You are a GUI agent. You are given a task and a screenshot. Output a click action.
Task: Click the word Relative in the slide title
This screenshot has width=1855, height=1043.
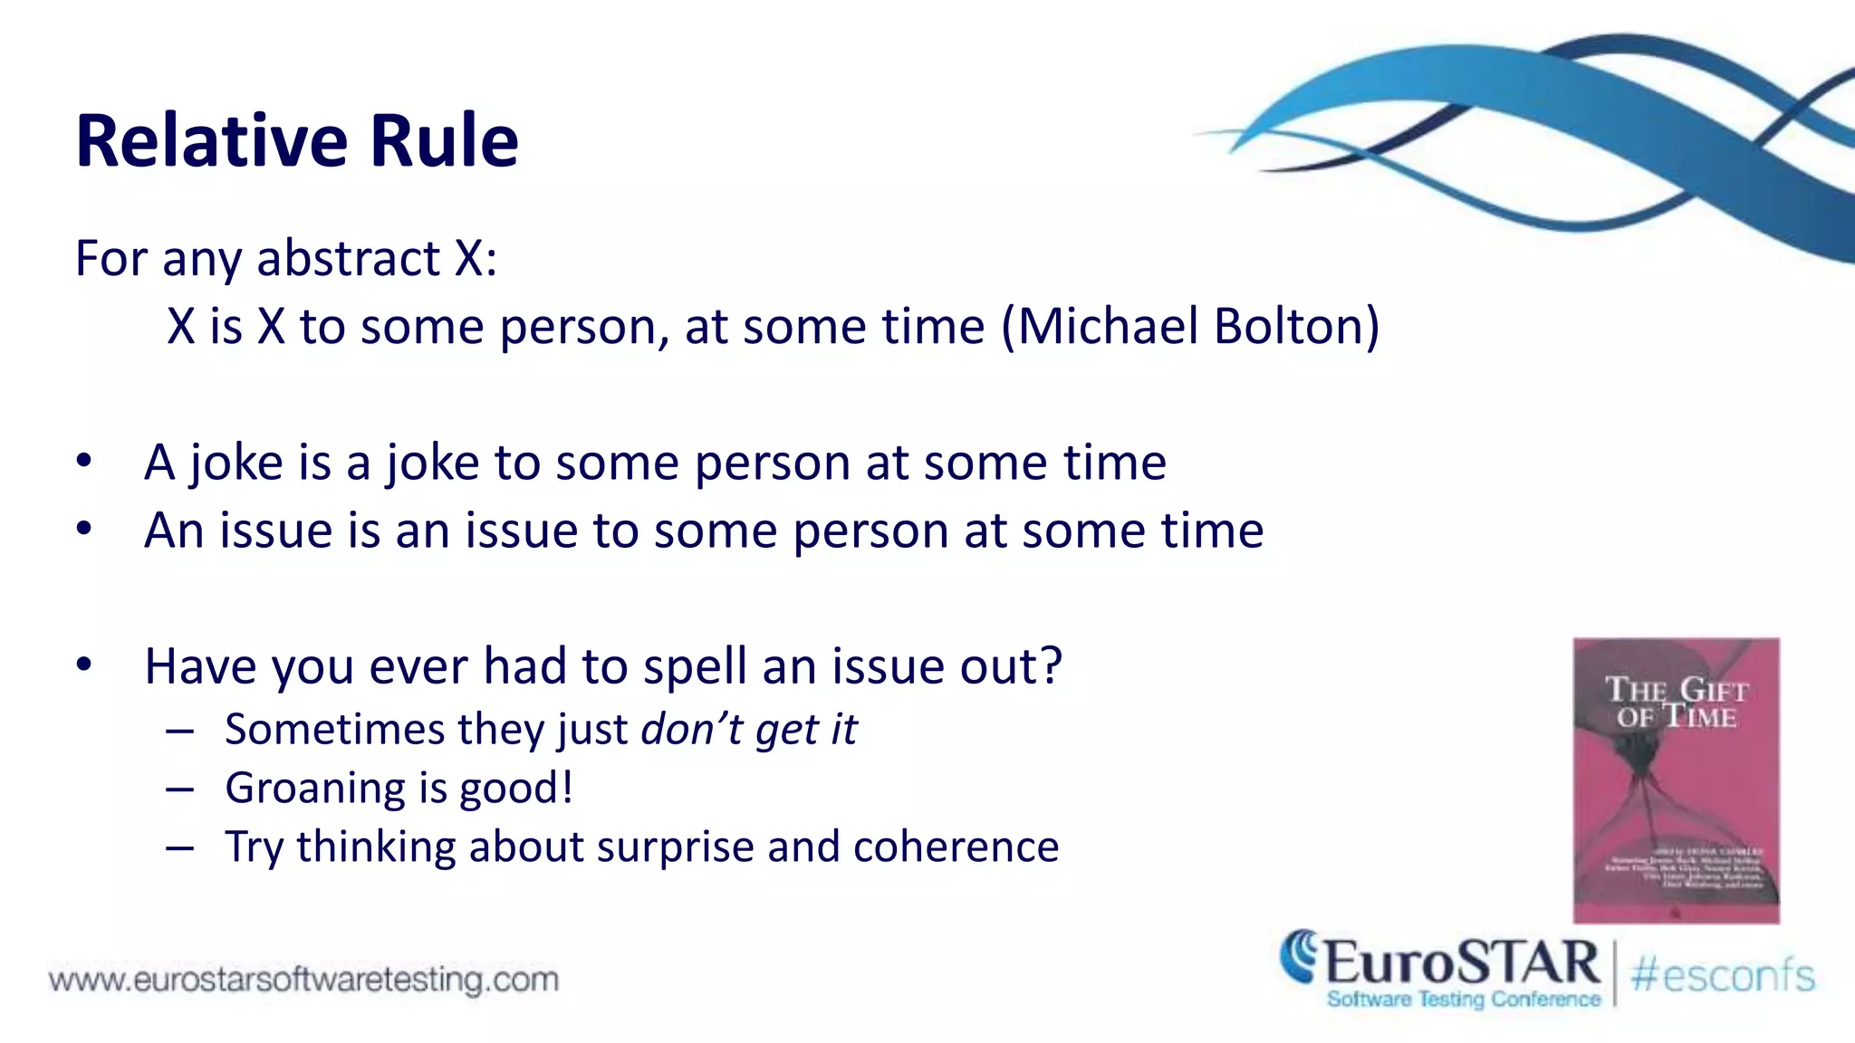(212, 141)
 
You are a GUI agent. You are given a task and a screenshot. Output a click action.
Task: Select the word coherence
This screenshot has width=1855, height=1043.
(956, 847)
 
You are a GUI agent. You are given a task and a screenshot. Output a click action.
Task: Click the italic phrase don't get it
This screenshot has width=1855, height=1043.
(748, 729)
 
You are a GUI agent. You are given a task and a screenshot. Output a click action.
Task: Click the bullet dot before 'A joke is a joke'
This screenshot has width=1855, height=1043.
(84, 461)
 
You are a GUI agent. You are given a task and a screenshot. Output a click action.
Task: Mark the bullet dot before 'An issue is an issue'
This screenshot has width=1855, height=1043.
(84, 529)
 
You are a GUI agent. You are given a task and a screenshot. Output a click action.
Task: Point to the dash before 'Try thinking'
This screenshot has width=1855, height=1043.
(179, 848)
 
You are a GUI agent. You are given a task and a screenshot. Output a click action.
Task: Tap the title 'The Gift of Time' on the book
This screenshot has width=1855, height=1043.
(1676, 703)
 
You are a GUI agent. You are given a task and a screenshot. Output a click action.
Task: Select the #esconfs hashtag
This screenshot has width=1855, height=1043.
(1723, 976)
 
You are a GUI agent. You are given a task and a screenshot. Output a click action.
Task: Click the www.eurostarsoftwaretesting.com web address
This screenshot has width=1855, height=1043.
(303, 980)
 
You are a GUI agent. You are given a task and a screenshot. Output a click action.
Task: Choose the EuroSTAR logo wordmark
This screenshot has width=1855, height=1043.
(1460, 962)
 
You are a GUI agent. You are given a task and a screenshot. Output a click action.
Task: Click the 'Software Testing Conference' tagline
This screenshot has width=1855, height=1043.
(1463, 1000)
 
